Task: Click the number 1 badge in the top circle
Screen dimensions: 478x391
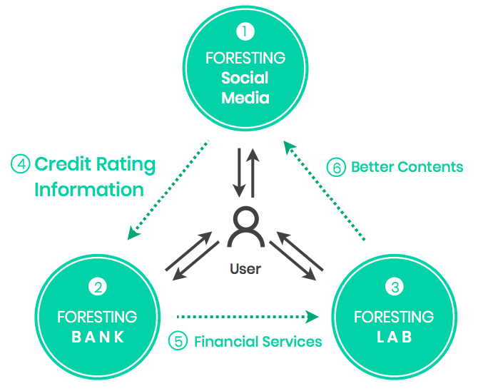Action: coord(245,31)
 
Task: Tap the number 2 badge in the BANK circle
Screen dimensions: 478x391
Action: coord(98,287)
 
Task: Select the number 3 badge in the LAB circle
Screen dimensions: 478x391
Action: coord(395,287)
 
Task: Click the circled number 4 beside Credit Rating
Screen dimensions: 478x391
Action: coord(21,164)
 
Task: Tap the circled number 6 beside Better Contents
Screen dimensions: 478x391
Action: coord(336,168)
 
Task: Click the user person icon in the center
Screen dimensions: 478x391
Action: coord(245,227)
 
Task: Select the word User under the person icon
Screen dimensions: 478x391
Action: coord(245,269)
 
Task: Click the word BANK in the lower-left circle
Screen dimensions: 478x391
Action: coord(98,337)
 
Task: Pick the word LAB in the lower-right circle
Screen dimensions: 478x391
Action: coord(395,337)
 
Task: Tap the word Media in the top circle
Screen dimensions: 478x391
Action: coord(245,98)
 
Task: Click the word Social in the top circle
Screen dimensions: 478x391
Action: coord(245,78)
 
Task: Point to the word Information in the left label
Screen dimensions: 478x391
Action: coord(89,189)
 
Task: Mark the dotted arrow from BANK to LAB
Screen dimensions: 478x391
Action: coord(248,317)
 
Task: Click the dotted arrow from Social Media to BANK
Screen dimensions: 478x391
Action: coord(168,190)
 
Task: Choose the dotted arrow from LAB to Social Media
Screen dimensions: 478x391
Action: coord(324,191)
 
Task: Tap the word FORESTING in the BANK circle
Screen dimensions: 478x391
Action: coord(97,317)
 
